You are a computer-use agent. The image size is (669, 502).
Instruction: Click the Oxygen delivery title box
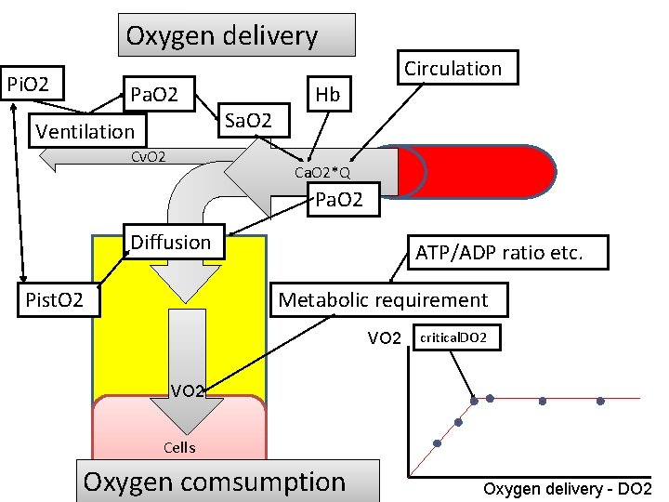pos(236,36)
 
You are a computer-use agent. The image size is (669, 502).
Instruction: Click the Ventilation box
pos(85,131)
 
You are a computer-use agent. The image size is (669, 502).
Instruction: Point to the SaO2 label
pos(249,120)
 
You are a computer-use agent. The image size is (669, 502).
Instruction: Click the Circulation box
pos(453,69)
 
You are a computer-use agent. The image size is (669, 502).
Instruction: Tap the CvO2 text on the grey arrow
pos(147,156)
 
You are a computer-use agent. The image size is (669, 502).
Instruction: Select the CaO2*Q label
pos(321,173)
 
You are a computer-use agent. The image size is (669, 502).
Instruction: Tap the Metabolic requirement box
pos(384,300)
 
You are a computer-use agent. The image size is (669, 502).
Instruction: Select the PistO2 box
pos(55,300)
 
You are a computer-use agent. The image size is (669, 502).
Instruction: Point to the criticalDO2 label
pos(459,337)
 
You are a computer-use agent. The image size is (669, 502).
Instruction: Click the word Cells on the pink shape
pos(179,447)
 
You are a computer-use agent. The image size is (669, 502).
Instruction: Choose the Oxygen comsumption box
pos(214,482)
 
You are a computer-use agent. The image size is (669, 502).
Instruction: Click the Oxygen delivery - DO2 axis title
pos(568,489)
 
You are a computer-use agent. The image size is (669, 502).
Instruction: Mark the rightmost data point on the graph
pos(600,402)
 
